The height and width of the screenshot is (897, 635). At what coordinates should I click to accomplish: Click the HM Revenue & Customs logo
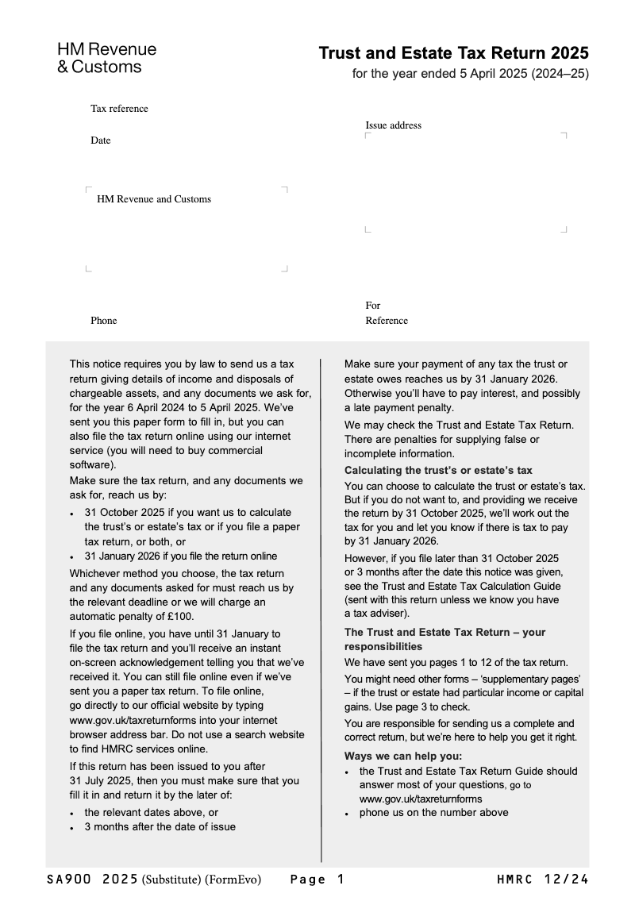(x=106, y=58)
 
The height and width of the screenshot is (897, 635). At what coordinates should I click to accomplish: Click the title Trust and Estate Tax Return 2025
(x=453, y=53)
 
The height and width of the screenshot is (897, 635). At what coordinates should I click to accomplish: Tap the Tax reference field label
(x=119, y=109)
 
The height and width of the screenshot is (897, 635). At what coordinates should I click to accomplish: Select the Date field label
(x=101, y=141)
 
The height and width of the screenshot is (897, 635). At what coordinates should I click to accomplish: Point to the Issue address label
(x=393, y=125)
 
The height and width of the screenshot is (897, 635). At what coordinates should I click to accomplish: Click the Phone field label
(x=103, y=321)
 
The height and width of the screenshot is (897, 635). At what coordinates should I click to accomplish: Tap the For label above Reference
(x=373, y=306)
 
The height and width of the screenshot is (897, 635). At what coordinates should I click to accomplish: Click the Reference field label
(x=387, y=321)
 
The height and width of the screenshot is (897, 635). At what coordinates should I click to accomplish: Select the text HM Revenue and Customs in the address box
(x=154, y=199)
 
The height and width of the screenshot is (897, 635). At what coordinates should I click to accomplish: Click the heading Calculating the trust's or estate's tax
(x=438, y=471)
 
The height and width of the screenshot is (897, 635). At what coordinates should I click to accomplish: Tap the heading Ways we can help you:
(x=402, y=756)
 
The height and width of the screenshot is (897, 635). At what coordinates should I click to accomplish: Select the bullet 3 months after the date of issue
(x=160, y=826)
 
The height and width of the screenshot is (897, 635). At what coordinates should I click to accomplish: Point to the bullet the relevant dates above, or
(x=151, y=812)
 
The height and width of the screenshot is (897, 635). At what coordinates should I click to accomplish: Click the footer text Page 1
(x=317, y=879)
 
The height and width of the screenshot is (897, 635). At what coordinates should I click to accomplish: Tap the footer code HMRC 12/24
(x=543, y=879)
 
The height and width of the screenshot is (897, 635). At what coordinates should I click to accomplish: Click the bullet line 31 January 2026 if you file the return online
(x=180, y=556)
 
